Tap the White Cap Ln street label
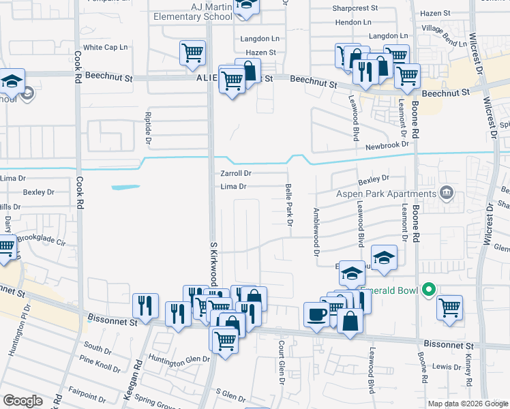(x=106, y=47)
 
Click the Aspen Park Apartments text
(x=387, y=194)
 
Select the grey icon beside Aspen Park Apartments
(x=447, y=193)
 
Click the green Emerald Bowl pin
(x=429, y=290)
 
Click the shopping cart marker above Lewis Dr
(x=449, y=308)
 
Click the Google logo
(x=22, y=401)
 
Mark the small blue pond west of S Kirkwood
(x=125, y=186)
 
